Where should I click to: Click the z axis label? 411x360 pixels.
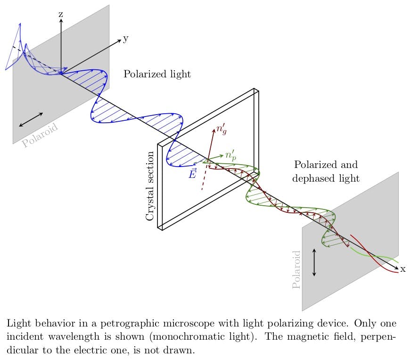pyautogui.click(x=61, y=15)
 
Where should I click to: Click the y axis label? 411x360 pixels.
pyautogui.click(x=126, y=39)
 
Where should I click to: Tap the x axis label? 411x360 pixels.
pyautogui.click(x=403, y=269)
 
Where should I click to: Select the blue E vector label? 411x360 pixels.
pyautogui.click(x=192, y=173)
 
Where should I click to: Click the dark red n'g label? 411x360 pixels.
pyautogui.click(x=222, y=129)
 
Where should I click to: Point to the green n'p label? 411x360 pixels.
pyautogui.click(x=230, y=155)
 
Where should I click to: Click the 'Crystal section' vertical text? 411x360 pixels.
pyautogui.click(x=149, y=186)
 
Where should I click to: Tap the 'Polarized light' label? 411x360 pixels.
pyautogui.click(x=157, y=74)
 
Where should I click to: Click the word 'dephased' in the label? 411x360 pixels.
pyautogui.click(x=314, y=178)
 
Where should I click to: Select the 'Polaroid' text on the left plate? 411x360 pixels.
pyautogui.click(x=40, y=135)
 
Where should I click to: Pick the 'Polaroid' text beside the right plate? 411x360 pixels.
pyautogui.click(x=296, y=270)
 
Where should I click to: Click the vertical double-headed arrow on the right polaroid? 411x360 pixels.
pyautogui.click(x=314, y=262)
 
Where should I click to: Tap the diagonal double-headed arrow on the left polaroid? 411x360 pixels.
pyautogui.click(x=31, y=120)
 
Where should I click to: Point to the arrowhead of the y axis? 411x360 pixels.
pyautogui.click(x=120, y=40)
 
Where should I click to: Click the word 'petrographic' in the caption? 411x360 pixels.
pyautogui.click(x=130, y=324)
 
